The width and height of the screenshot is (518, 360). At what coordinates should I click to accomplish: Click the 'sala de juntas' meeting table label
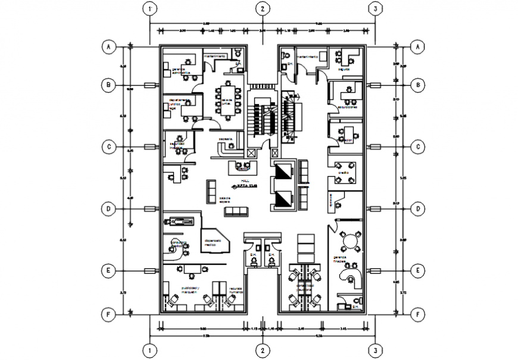[x=226, y=102]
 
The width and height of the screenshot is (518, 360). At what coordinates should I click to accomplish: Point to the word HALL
[x=245, y=179]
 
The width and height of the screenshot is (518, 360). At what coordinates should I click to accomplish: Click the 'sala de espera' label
[x=224, y=201]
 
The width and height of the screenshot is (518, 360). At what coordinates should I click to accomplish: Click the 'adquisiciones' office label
[x=347, y=108]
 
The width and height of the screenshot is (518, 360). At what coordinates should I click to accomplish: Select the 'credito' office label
[x=344, y=173]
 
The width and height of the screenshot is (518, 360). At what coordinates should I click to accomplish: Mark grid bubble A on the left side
[x=108, y=46]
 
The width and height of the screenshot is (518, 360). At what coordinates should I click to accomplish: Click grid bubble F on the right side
[x=419, y=312]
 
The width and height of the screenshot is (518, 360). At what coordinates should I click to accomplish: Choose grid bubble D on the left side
[x=108, y=209]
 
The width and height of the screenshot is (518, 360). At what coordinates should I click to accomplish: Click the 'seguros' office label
[x=343, y=68]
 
